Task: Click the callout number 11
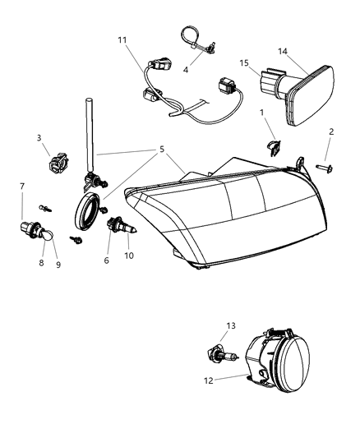click(122, 39)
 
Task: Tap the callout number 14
click(306, 51)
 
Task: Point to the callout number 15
click(245, 63)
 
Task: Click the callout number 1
click(261, 113)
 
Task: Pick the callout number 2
click(331, 131)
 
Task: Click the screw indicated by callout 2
click(324, 167)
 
